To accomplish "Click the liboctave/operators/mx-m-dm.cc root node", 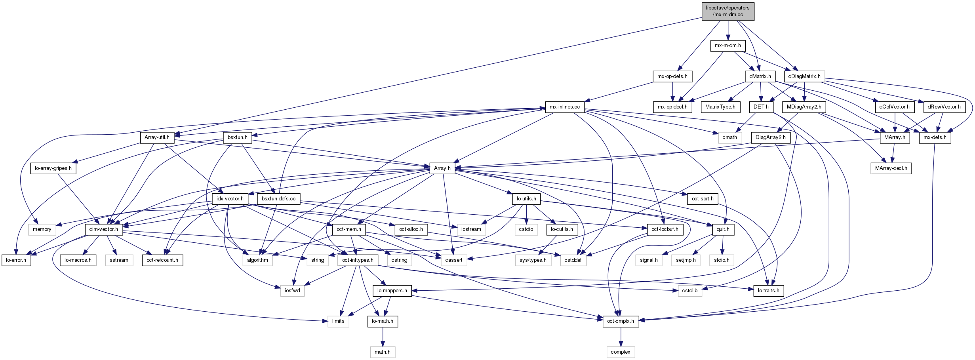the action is tap(728, 11).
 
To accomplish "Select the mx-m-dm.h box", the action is tap(728, 46).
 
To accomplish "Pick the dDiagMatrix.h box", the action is tap(804, 76).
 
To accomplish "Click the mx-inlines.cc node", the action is tap(565, 107).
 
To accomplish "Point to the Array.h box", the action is tap(442, 168).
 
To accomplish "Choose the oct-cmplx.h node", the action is tap(621, 321).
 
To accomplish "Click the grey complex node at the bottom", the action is tap(621, 352).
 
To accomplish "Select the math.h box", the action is tap(383, 352).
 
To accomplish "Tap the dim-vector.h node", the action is tap(104, 229).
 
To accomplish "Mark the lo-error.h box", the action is tap(16, 260).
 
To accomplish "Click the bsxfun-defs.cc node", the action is tap(279, 199).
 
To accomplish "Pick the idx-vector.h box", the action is tap(230, 199).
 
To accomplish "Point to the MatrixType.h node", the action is tap(720, 107).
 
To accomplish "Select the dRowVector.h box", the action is tap(944, 107).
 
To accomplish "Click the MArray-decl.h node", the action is tap(891, 168).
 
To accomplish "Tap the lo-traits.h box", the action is tap(769, 291).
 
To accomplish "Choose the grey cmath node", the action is tap(730, 137).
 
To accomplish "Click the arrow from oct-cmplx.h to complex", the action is tap(621, 337).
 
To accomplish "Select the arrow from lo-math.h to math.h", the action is tap(383, 337).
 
